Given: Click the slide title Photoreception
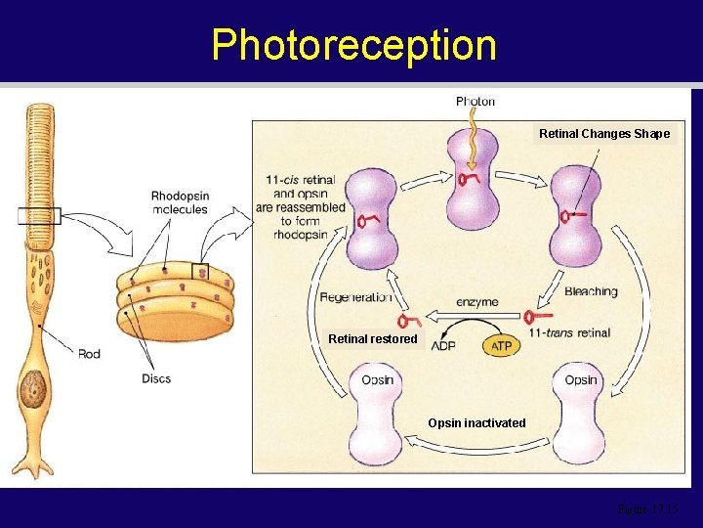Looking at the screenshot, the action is (x=353, y=45).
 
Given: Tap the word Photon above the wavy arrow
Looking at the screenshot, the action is (x=476, y=101).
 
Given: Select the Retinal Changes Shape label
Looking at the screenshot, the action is (x=605, y=134).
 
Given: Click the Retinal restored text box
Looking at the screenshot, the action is (x=373, y=339).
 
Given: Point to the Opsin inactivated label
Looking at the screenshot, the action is (x=476, y=423).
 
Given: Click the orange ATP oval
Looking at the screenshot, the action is (x=501, y=346).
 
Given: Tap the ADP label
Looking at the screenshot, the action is (x=443, y=346).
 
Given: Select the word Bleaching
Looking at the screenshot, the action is (x=591, y=290).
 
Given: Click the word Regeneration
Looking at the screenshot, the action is (x=355, y=297).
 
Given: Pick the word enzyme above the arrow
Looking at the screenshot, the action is (x=477, y=303).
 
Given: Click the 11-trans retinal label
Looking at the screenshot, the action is (x=569, y=333).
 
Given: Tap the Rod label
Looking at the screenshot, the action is (x=89, y=353).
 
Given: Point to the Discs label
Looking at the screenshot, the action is (x=154, y=377).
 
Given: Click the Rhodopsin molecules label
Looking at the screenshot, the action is (x=180, y=203).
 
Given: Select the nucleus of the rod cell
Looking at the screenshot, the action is (x=33, y=388).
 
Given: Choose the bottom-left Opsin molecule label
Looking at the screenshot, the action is (x=377, y=380).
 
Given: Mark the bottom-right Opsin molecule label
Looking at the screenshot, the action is (x=580, y=380).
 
